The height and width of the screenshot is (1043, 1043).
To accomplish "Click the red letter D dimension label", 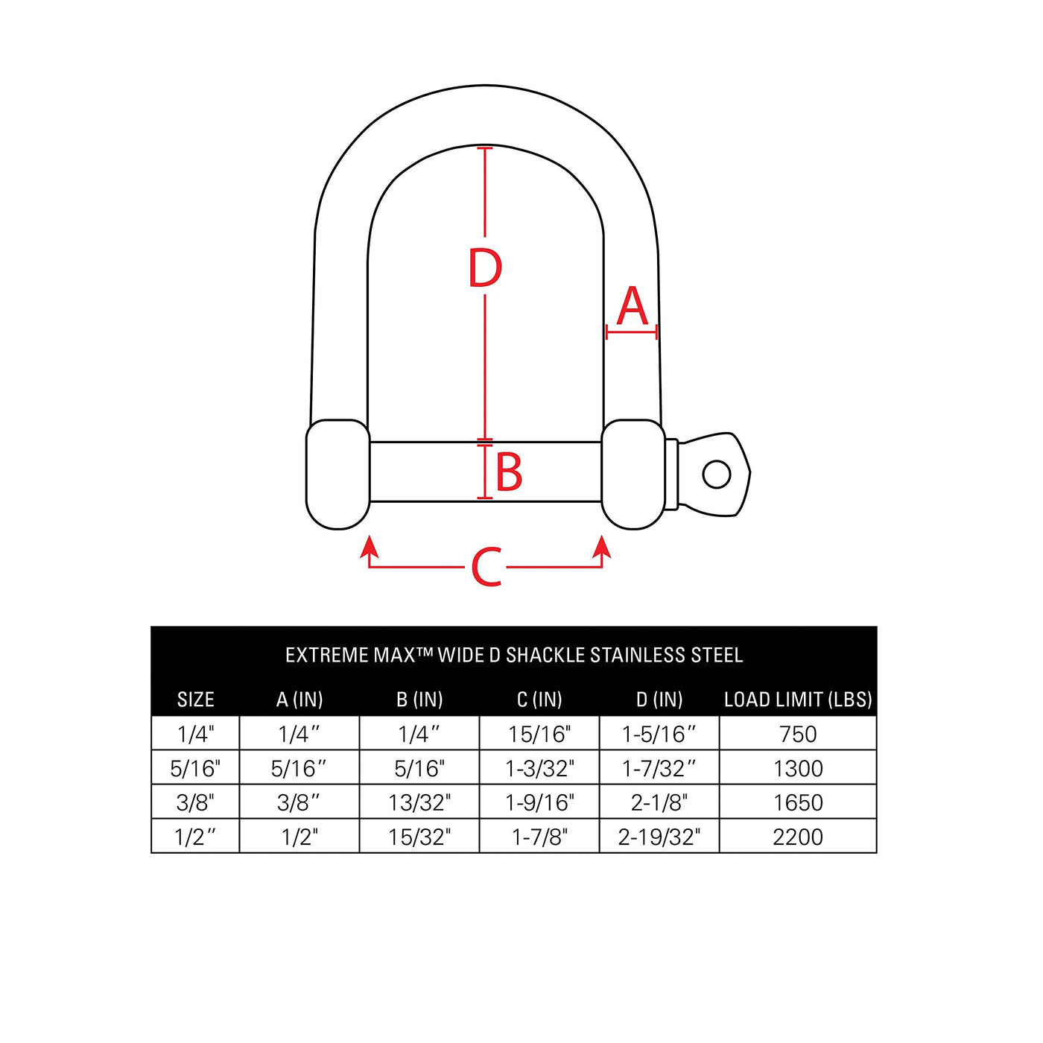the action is click(485, 267).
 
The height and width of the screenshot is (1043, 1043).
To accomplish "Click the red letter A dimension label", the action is click(633, 305).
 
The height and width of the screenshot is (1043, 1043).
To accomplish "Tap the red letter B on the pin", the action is click(509, 472).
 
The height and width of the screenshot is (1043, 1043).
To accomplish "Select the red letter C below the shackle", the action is click(486, 567).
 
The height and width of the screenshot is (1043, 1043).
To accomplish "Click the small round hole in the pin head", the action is click(717, 474).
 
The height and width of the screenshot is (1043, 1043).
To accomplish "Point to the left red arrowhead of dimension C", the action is click(370, 546).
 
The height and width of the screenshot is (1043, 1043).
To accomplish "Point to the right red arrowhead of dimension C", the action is click(602, 546).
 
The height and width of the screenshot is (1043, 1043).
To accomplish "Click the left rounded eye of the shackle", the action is click(338, 474).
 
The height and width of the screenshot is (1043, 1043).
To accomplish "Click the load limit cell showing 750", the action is click(798, 734).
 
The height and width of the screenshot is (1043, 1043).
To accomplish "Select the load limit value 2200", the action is click(798, 837).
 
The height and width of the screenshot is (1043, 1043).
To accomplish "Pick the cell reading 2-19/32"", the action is click(659, 837).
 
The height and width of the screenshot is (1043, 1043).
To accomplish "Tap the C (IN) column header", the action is click(539, 700).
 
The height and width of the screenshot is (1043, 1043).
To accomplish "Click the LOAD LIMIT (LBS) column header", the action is click(798, 700).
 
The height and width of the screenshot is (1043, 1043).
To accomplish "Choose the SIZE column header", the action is click(195, 700).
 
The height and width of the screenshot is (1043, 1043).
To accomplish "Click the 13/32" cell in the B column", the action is click(419, 802).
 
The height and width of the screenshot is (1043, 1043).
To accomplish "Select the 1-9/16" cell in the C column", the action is click(539, 802).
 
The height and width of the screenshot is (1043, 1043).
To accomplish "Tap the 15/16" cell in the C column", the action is click(539, 734).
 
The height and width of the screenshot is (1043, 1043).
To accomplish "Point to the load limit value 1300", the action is click(798, 769).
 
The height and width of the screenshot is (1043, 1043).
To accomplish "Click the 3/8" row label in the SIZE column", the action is click(195, 802).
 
